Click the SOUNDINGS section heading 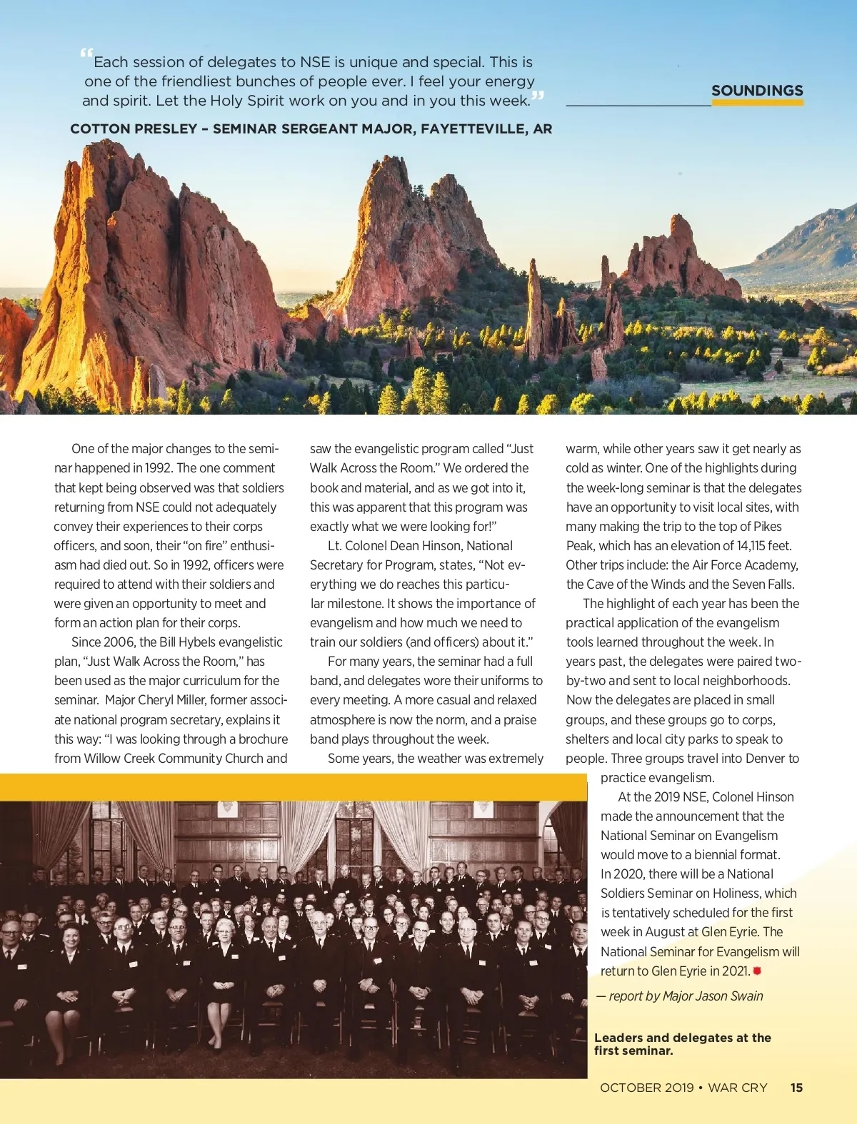coord(757,91)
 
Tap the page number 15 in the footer coord(796,1088)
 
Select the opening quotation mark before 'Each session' coord(86,54)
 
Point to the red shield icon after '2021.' coord(757,971)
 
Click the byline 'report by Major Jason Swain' coord(686,996)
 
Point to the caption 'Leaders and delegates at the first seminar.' coord(682,1044)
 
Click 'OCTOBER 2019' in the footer coord(646,1088)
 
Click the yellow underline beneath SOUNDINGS coord(757,103)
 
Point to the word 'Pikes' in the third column coord(767,527)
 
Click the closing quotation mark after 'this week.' coord(538,96)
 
